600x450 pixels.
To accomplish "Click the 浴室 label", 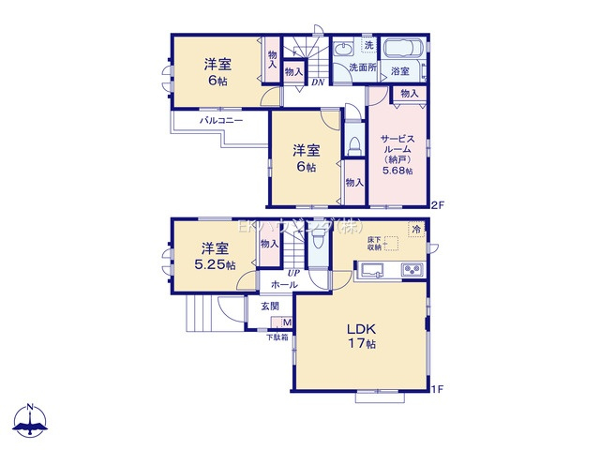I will click(x=400, y=71).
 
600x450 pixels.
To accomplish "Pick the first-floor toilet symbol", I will click(x=319, y=246).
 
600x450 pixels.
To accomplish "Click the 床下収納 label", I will click(x=375, y=246).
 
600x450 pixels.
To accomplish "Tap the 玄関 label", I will click(x=269, y=307).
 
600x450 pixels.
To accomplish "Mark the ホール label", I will click(x=284, y=284).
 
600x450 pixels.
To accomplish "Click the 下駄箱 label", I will click(x=276, y=337).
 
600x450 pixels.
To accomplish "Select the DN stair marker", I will click(x=319, y=81).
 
